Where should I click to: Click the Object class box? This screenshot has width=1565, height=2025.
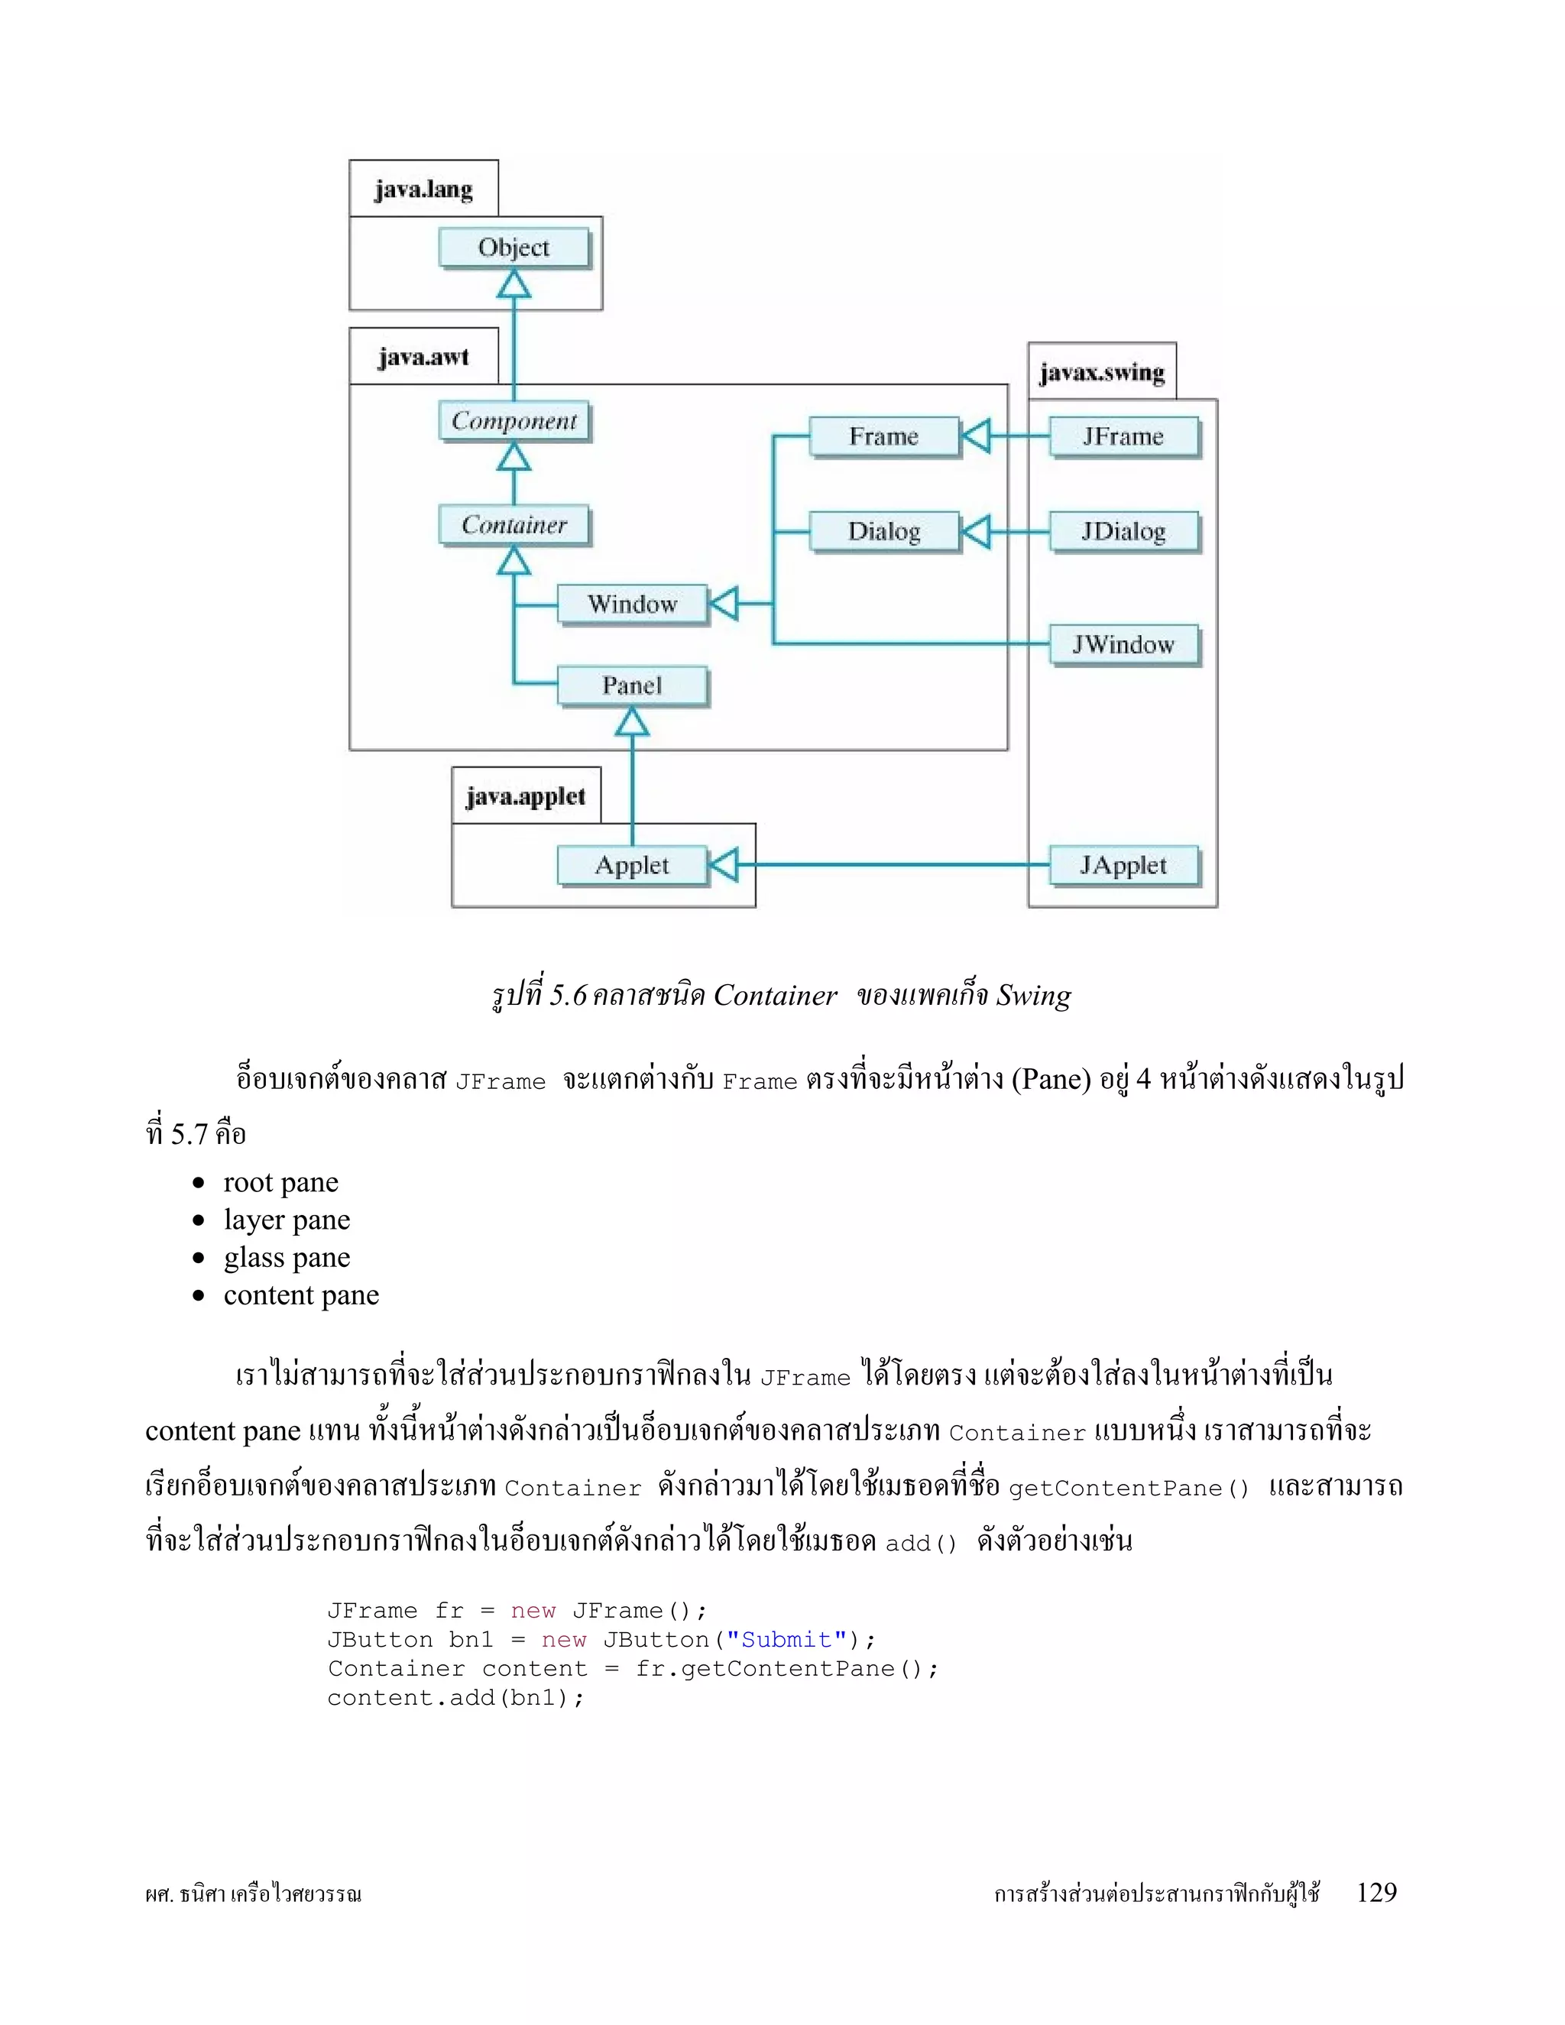514,248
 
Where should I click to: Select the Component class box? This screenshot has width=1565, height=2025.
514,421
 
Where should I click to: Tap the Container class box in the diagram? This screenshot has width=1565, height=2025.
514,525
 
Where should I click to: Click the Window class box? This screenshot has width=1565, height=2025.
632,604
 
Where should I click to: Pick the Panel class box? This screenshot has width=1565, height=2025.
632,686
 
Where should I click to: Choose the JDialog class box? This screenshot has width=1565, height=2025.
1123,531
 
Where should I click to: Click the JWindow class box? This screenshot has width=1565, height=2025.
1123,644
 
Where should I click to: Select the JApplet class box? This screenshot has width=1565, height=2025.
1123,865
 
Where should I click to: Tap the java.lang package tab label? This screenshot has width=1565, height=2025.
423,190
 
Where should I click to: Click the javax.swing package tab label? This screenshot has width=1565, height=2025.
1101,373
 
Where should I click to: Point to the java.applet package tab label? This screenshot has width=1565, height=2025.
526,796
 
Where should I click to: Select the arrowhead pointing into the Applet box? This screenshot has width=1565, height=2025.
723,865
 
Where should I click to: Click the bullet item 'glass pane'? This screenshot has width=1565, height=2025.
287,1257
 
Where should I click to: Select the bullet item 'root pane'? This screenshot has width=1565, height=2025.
281,1182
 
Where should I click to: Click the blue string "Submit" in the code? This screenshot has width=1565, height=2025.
786,1639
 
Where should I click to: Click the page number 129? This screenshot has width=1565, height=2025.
1375,1892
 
